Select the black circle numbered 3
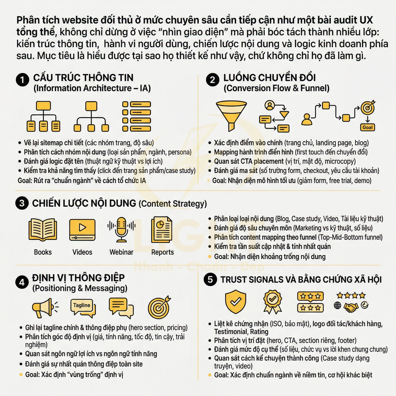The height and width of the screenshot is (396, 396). pyautogui.click(x=22, y=203)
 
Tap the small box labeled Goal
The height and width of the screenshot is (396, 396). pyautogui.click(x=367, y=127)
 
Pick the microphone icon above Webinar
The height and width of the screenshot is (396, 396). pyautogui.click(x=121, y=229)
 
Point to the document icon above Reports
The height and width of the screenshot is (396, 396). pyautogui.click(x=162, y=229)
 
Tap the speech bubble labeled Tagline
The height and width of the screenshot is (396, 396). pyautogui.click(x=82, y=307)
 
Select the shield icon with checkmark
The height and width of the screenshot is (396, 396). pyautogui.click(x=235, y=301)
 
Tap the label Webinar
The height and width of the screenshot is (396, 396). pyautogui.click(x=121, y=252)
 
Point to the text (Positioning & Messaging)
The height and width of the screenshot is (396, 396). pyautogui.click(x=80, y=289)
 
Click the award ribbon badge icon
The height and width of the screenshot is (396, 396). pyautogui.click(x=273, y=301)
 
